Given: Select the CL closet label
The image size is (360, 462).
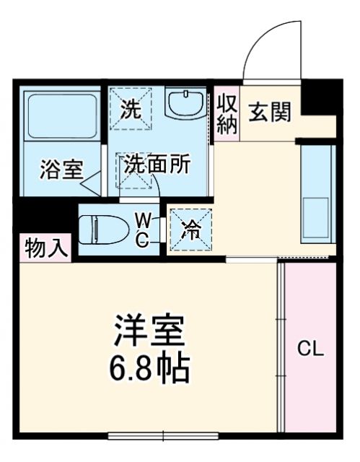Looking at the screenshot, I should click(311, 349).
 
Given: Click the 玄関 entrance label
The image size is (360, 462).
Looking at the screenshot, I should click(271, 113).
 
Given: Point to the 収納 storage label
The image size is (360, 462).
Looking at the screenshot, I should click(227, 113).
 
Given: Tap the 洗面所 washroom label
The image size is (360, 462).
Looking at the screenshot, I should click(156, 164).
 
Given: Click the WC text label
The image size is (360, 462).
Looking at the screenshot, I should click(143, 230).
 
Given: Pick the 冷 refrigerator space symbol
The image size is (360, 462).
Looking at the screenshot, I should click(191, 230).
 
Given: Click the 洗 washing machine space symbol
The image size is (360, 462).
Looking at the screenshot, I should click(131, 110).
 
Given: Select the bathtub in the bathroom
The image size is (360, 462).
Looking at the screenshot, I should click(61, 115).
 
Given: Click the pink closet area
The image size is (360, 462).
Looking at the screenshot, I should click(310, 375).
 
